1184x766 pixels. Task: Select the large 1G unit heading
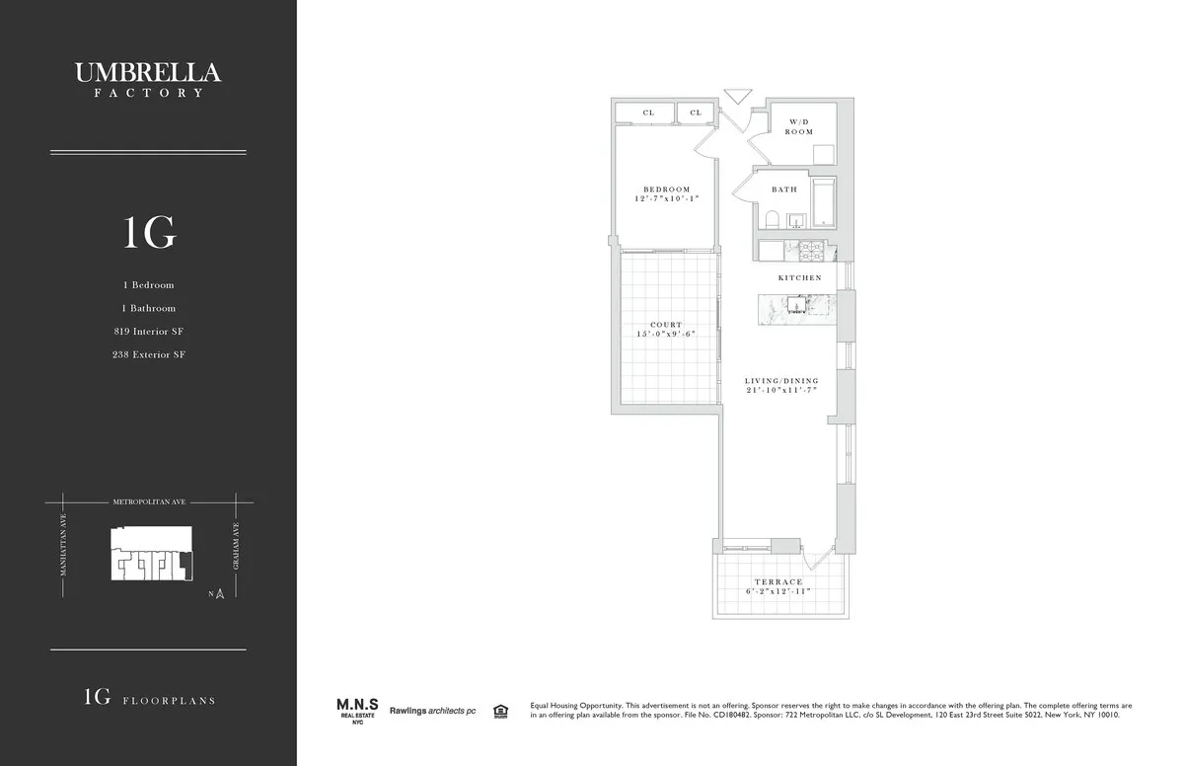click(149, 233)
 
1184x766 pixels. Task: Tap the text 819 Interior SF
click(148, 332)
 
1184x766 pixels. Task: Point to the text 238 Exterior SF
click(148, 354)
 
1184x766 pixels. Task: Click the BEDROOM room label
click(667, 190)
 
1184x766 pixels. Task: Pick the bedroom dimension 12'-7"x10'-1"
click(667, 199)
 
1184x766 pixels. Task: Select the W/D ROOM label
click(799, 126)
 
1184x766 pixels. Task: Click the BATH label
click(784, 190)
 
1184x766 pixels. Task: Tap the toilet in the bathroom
click(774, 219)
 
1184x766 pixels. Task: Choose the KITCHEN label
click(799, 278)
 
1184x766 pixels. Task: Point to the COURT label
click(666, 325)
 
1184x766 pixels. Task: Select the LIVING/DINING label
click(781, 380)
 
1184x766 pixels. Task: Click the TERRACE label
click(779, 582)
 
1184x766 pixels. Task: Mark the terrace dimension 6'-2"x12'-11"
click(779, 592)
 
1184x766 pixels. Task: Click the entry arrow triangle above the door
click(736, 96)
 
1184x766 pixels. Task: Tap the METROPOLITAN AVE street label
click(148, 502)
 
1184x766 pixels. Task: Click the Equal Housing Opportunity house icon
click(500, 710)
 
